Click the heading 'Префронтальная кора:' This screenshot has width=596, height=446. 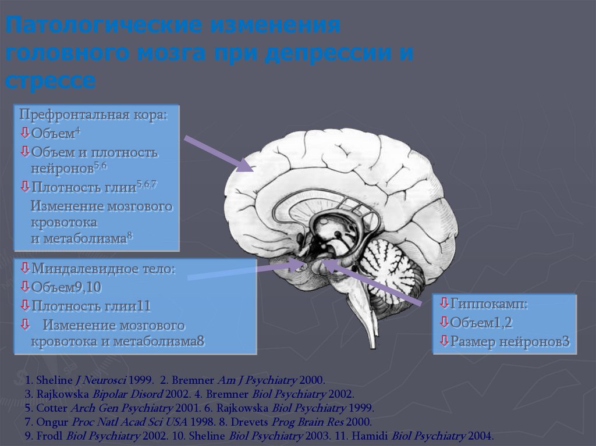click(93, 115)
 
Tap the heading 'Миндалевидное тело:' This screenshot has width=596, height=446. click(104, 269)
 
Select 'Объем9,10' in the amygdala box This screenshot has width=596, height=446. click(66, 287)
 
